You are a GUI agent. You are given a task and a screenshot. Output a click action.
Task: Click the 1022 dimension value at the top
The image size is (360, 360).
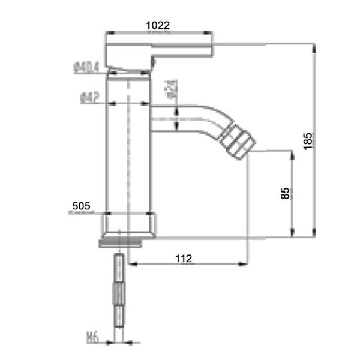(158, 25)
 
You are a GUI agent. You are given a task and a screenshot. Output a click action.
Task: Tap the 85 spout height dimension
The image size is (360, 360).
(285, 193)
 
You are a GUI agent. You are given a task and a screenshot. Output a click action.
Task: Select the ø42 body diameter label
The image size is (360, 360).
(89, 97)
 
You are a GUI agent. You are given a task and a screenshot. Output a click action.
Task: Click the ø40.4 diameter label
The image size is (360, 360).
(88, 68)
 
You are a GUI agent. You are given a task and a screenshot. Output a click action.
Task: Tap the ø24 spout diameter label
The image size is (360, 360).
(170, 90)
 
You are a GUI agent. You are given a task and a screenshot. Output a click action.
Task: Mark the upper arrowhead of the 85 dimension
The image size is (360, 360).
(292, 155)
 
